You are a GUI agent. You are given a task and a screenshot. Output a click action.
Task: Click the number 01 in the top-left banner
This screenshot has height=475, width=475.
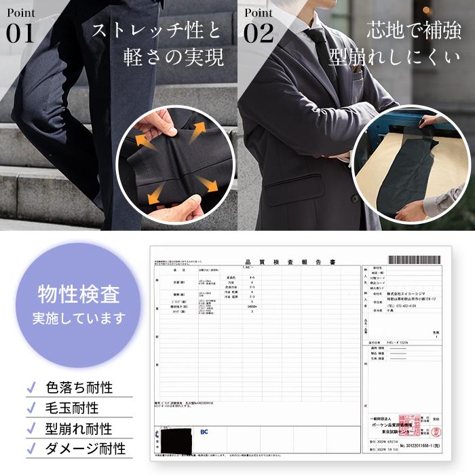point(20,33)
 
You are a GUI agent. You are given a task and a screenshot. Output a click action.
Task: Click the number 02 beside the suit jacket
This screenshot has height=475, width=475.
point(259,33)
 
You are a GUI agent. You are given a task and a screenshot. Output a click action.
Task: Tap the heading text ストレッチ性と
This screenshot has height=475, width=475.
point(157,31)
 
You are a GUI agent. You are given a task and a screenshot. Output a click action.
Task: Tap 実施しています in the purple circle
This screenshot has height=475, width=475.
point(79,318)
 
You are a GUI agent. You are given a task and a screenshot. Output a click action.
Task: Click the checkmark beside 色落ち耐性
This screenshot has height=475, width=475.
point(31,388)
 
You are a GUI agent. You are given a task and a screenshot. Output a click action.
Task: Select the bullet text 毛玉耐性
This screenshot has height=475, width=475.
point(72,408)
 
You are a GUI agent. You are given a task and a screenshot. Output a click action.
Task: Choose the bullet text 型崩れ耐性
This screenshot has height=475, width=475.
point(79,428)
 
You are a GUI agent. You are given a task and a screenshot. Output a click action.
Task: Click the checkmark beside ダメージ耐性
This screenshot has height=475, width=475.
point(31,449)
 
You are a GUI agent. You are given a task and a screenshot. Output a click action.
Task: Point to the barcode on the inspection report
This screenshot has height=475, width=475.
point(416,259)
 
